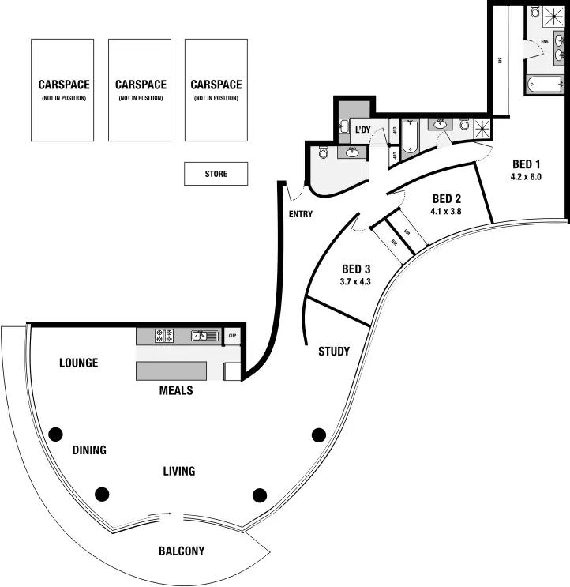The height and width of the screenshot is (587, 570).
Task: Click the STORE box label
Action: (216, 174)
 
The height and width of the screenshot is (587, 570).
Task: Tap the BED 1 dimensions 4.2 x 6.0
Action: (526, 177)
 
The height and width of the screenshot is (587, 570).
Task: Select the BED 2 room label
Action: (446, 199)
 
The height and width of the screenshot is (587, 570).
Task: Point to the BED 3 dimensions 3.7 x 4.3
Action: (355, 281)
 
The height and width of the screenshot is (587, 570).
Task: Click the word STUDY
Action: (334, 352)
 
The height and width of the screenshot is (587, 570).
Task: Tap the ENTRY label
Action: (301, 214)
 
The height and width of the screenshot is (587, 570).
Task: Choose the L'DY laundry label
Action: (363, 130)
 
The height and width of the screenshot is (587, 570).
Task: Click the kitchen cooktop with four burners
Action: (163, 336)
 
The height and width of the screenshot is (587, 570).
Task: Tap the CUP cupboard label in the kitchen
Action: (233, 336)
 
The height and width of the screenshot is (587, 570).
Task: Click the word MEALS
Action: (176, 390)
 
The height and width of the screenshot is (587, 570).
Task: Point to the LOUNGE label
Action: (79, 363)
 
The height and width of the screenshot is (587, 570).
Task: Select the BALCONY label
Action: (181, 551)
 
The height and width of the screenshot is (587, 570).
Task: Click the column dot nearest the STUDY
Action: (319, 434)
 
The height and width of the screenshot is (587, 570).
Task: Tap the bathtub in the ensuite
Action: (546, 82)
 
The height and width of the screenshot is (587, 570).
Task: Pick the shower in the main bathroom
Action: (482, 126)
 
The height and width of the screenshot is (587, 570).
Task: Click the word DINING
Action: (89, 450)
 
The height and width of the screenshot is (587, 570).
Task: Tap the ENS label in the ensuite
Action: (544, 40)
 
